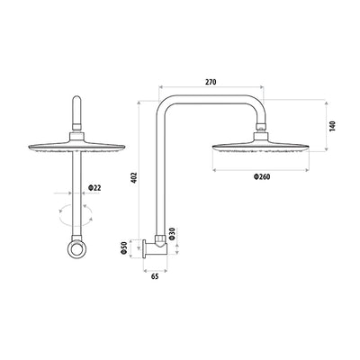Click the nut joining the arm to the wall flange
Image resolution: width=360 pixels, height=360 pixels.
tap(159, 241)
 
